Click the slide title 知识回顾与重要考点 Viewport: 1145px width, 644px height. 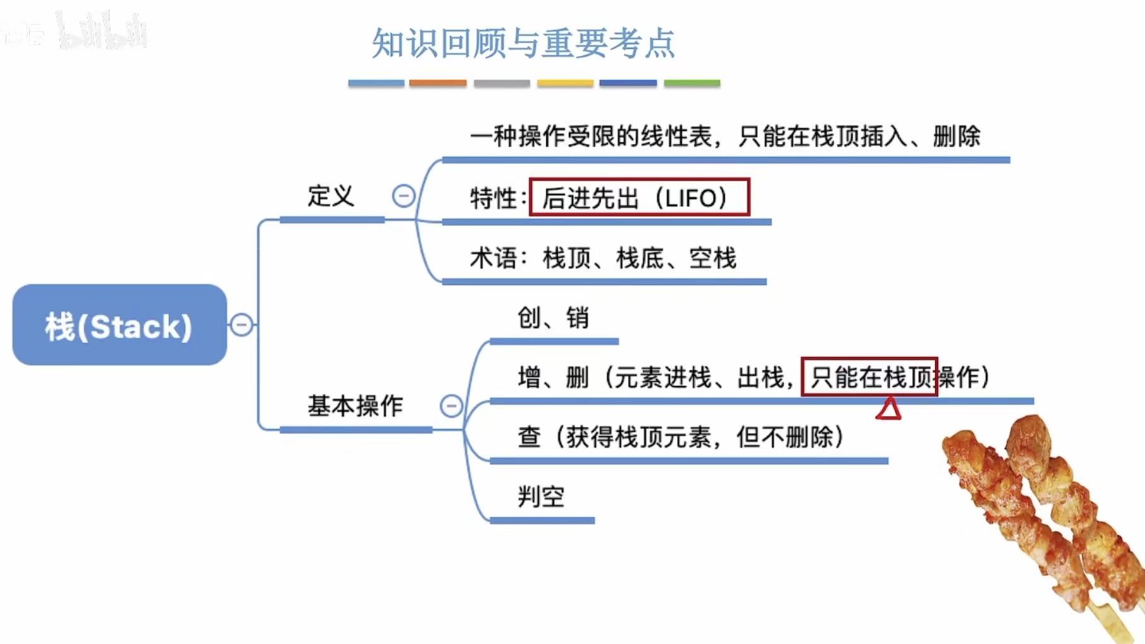click(523, 44)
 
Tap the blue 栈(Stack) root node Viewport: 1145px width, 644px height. click(119, 325)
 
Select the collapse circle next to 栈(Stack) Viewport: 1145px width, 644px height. click(241, 325)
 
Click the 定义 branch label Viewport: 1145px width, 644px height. click(330, 196)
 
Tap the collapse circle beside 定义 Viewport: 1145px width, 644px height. click(404, 196)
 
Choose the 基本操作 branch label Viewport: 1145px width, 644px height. click(355, 406)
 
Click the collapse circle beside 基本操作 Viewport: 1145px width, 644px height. click(451, 406)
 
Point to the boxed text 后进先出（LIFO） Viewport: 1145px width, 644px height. click(638, 198)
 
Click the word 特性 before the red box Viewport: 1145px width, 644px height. click(494, 198)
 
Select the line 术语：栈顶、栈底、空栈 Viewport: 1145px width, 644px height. click(603, 258)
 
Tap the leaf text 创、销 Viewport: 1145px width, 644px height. click(553, 317)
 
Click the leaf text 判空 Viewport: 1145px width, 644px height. click(541, 496)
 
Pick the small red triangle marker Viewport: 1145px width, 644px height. click(888, 409)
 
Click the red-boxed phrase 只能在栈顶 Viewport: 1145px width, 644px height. click(869, 377)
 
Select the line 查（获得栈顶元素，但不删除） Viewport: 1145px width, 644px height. click(681, 436)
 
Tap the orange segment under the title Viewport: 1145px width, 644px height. click(438, 83)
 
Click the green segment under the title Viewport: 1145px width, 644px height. click(692, 83)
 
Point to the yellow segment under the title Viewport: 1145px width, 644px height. click(565, 83)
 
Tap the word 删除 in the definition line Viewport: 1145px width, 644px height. click(956, 136)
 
